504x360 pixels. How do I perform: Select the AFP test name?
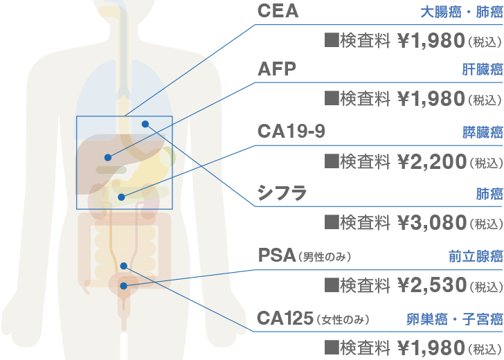tap(276, 69)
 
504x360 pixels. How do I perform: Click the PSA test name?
tap(276, 255)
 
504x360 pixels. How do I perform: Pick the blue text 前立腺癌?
tap(475, 257)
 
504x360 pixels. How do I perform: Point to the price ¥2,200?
tap(430, 162)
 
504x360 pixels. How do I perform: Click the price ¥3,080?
tap(430, 222)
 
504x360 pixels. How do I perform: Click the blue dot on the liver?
tap(108, 157)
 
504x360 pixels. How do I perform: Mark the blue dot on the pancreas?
tap(122, 197)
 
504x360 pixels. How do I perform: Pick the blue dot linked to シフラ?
tap(145, 124)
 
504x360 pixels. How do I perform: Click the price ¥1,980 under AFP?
tap(430, 99)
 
